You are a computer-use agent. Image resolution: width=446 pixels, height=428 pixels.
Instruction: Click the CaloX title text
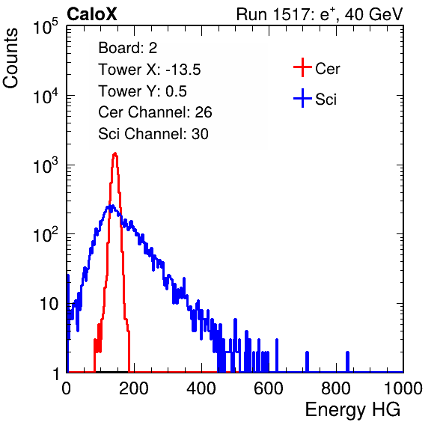(x=91, y=14)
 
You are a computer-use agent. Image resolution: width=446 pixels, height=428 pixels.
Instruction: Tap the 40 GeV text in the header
(x=373, y=14)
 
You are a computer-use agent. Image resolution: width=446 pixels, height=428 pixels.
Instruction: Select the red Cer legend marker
(x=302, y=67)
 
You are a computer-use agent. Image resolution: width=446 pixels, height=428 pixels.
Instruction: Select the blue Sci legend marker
(x=302, y=98)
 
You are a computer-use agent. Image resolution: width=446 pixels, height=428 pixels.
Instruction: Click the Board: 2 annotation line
(x=128, y=48)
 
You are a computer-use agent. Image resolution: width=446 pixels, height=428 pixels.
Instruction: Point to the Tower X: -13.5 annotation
(x=150, y=70)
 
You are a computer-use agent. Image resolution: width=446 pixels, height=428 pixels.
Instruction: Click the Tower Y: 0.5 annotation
(x=142, y=91)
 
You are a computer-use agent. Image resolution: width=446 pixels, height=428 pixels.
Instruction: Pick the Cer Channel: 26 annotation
(x=155, y=112)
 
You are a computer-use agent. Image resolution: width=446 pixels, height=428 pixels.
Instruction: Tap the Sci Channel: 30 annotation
(x=153, y=134)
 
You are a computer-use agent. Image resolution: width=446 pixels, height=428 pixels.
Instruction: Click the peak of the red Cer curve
(x=115, y=153)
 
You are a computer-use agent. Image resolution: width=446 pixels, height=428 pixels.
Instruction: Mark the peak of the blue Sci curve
(x=112, y=205)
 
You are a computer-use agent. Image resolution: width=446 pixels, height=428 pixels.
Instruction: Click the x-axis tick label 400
(x=201, y=388)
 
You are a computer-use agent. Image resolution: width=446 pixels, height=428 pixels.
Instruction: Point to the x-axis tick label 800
(x=336, y=388)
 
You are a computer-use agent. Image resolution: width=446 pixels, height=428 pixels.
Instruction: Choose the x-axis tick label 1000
(x=403, y=388)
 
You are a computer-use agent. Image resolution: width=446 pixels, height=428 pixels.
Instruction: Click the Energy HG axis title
(x=352, y=410)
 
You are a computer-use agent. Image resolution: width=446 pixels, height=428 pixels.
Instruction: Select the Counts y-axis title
(x=10, y=58)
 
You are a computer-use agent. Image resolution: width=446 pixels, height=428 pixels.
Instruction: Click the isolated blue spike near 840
(x=347, y=361)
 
